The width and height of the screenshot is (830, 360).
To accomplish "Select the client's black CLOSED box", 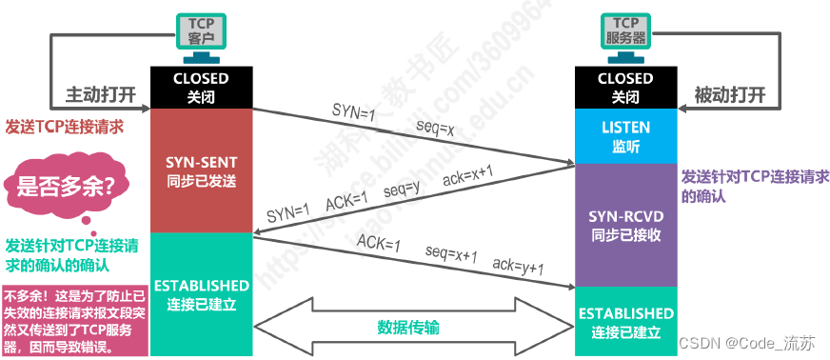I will [x=201, y=88].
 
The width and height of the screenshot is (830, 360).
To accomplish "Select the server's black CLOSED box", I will [x=625, y=88].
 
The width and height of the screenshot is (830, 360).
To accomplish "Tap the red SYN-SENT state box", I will [x=201, y=170].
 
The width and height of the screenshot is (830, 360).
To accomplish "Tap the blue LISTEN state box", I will [x=625, y=136].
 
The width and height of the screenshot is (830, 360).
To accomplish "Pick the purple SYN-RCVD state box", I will [x=625, y=225].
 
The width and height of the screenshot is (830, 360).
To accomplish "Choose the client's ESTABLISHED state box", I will [x=201, y=294].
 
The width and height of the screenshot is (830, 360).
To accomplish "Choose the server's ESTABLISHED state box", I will [x=625, y=322].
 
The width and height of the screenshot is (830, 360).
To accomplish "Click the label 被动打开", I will [x=727, y=95].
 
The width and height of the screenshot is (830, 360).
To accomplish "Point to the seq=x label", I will [x=439, y=126].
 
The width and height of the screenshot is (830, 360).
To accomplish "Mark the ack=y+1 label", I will [x=518, y=266].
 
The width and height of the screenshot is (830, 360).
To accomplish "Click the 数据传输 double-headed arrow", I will [x=413, y=327].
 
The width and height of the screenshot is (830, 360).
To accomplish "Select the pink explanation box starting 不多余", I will [x=74, y=319].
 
